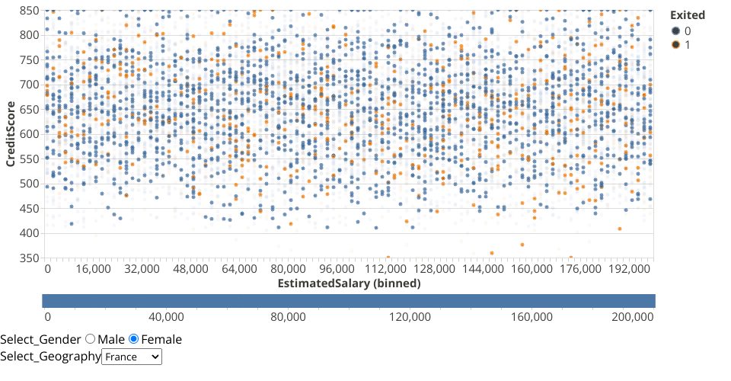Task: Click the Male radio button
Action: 90,339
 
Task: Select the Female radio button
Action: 134,339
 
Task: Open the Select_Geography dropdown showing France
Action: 132,357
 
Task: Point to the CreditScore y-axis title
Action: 11,134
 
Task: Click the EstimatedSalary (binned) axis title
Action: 349,283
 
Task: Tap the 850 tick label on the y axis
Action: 29,11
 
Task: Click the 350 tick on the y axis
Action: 29,258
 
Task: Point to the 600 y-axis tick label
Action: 29,134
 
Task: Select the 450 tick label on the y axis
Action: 29,208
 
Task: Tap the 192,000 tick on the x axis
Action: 629,269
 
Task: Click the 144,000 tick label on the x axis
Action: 483,269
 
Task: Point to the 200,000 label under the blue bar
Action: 634,317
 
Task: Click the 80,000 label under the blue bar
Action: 289,317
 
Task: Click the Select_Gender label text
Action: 40,339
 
